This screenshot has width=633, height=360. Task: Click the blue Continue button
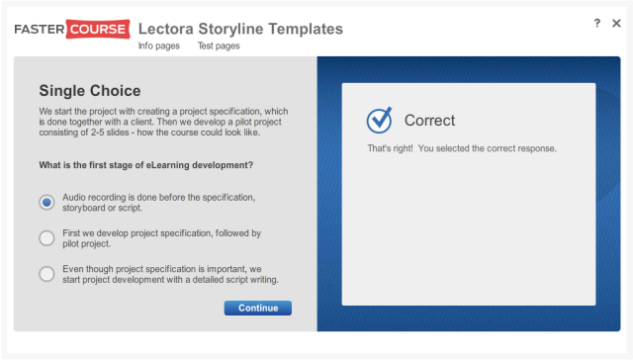coord(257,309)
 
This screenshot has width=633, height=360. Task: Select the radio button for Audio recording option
coord(46,203)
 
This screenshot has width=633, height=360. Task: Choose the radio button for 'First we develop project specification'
coord(46,238)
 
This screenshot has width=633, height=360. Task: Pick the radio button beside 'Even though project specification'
coord(46,274)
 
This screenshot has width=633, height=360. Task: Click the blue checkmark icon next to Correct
coord(380,121)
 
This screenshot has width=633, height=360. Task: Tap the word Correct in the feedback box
coord(429,121)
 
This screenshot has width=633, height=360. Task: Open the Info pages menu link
coord(158,45)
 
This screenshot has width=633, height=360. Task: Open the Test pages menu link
coord(219,45)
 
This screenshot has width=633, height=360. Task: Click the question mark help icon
coord(596,23)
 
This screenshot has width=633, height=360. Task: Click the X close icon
coord(616,23)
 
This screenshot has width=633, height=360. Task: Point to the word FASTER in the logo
coord(40,29)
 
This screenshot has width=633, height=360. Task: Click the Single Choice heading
coord(90,91)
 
